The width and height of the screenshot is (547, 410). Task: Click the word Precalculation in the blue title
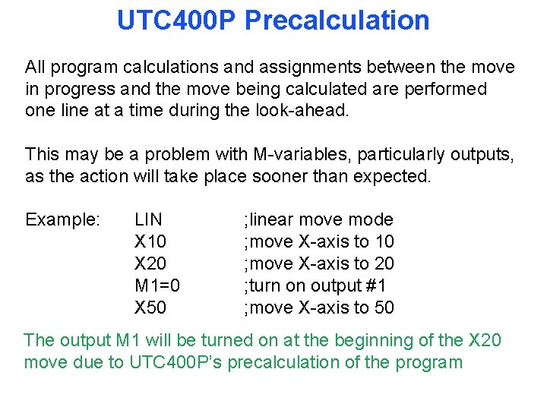point(337,20)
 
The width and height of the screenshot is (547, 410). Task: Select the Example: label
point(62,220)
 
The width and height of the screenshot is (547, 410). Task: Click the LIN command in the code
point(148,220)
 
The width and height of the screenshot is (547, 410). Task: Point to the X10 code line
point(150,242)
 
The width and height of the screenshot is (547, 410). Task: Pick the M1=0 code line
point(157,286)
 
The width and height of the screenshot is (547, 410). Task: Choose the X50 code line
point(150,308)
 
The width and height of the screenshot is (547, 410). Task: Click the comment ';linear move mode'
point(318,220)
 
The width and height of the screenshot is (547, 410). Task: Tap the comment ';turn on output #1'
point(315,286)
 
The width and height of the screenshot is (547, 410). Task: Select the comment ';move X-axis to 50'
point(318,308)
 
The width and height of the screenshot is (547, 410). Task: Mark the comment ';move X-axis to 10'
point(318,242)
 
